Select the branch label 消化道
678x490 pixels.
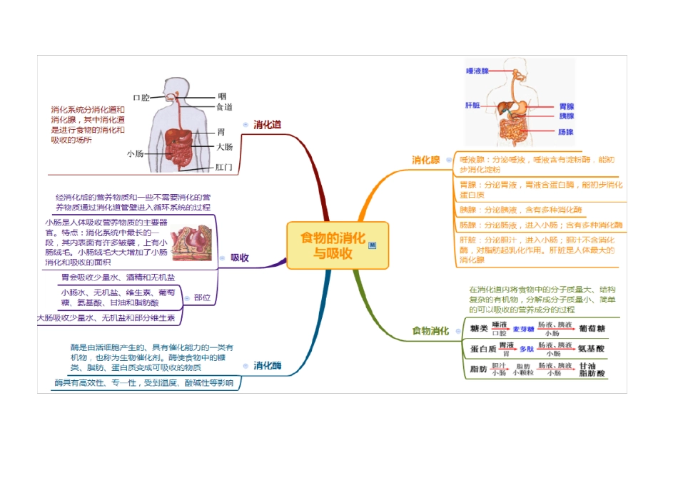pos(268,125)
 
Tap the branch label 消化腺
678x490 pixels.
pos(425,160)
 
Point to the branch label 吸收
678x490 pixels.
pos(240,257)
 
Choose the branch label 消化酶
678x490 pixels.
pos(268,366)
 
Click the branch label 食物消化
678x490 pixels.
pos(430,331)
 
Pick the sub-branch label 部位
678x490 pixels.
pos(202,297)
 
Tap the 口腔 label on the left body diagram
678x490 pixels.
pos(141,97)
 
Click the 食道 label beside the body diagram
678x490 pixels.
pos(224,107)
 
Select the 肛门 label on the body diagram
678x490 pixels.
pos(224,168)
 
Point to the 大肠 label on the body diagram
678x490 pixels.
pos(224,147)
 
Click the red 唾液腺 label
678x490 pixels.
pos(477,71)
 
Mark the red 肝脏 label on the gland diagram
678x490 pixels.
pos(472,105)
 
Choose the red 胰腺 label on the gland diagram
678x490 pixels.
pos(566,116)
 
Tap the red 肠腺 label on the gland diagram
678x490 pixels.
pos(566,132)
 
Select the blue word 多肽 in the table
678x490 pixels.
pos(526,349)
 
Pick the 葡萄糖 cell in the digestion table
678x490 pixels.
pos(592,329)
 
